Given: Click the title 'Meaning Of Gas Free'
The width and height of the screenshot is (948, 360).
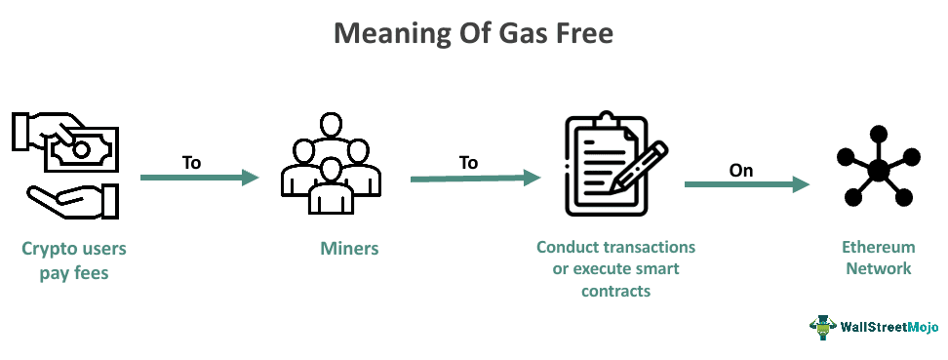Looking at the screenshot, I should click(473, 33).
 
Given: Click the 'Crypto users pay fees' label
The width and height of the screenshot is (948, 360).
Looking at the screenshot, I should click(74, 260).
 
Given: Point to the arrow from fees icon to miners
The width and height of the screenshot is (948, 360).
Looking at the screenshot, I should click(199, 178).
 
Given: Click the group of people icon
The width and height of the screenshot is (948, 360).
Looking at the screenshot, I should click(326, 164).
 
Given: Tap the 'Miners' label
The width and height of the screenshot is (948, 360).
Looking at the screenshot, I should click(349, 250).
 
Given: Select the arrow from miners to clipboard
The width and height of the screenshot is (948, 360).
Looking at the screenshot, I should click(475, 178).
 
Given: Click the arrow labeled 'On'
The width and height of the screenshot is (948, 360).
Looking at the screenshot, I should click(747, 184).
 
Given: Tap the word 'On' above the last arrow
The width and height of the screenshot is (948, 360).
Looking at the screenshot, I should click(741, 170).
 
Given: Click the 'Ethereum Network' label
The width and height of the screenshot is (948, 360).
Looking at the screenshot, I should click(878, 259).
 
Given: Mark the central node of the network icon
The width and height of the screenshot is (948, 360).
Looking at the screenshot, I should click(879, 171).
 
